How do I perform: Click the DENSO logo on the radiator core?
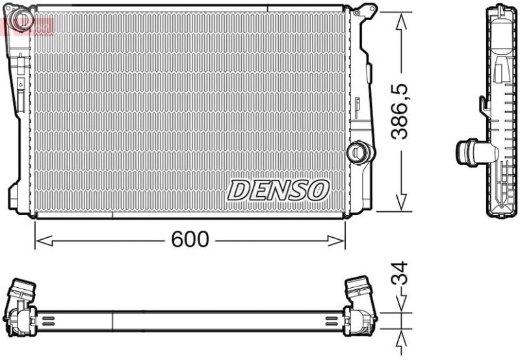(278, 190)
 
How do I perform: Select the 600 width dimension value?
(190, 240)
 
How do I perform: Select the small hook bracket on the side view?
(483, 103)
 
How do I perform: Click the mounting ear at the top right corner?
(365, 10)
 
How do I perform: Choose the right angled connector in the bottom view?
(360, 292)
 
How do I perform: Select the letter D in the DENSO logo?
(238, 190)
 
